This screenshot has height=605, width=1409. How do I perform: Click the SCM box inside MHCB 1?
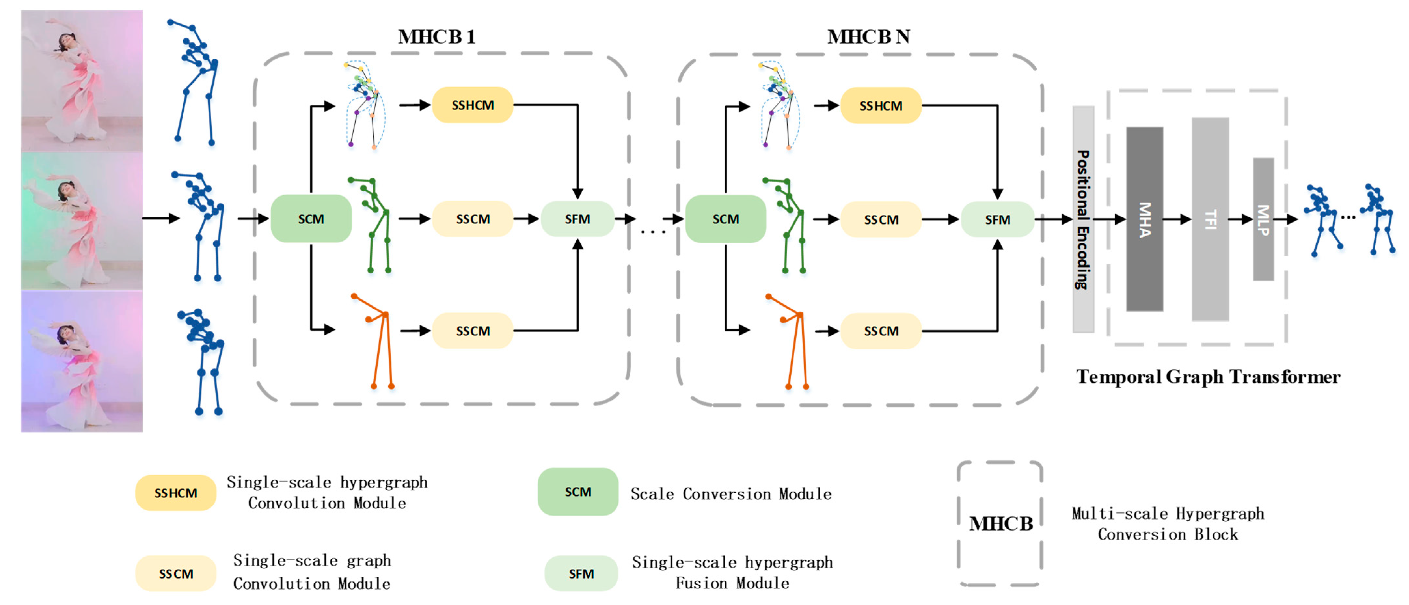pos(311,218)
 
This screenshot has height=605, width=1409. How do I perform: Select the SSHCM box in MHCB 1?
pos(473,105)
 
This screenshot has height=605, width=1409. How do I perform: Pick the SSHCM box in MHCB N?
pos(881,105)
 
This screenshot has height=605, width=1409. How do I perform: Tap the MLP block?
pos(1264,219)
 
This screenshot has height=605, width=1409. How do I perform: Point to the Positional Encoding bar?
pos(1083,219)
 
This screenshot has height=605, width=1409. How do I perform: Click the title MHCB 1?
pos(437,37)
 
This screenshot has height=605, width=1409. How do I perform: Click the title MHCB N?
pos(869,37)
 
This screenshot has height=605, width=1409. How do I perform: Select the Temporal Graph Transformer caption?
pos(1208,376)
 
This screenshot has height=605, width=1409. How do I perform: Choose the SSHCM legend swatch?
pos(176,493)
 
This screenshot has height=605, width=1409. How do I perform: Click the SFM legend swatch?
pos(581,573)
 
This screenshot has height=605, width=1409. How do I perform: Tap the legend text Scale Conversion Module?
pos(731,494)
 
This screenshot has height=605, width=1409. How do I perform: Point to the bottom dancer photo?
pos(82,361)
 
